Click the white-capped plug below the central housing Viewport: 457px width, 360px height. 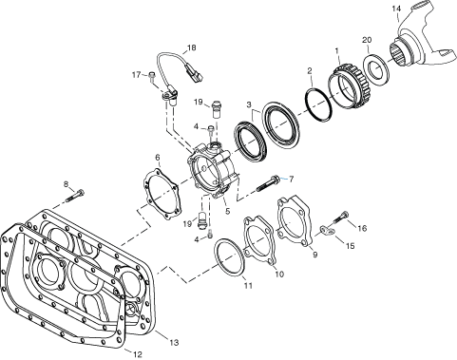pyautogui.click(x=201, y=225)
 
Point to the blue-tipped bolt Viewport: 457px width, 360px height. pyautogui.click(x=282, y=176)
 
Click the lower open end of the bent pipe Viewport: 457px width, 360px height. pyautogui.click(x=134, y=330)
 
